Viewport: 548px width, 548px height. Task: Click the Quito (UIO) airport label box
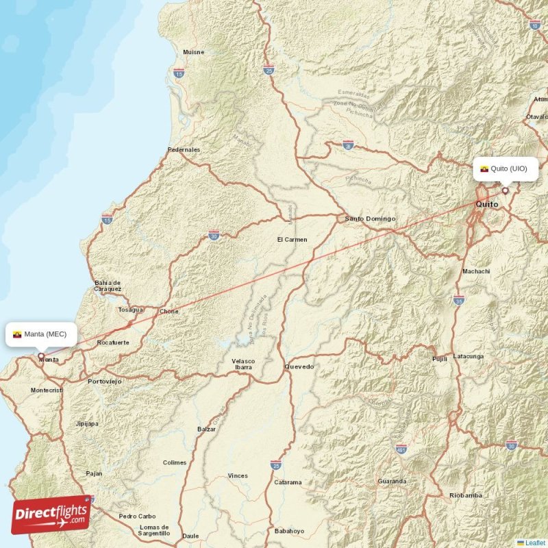tap(505, 169)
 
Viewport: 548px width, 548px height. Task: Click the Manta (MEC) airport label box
tap(40, 334)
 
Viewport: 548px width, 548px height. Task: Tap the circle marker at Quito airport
tap(506, 190)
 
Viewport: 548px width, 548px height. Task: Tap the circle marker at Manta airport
tap(41, 356)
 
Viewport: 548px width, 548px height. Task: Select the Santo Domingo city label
tap(370, 219)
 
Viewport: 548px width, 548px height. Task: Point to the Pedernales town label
tap(184, 149)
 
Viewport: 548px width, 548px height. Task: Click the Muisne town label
tap(192, 53)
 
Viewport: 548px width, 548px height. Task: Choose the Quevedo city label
tap(299, 366)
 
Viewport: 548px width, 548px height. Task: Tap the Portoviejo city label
tap(105, 381)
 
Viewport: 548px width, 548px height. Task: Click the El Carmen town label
tap(292, 240)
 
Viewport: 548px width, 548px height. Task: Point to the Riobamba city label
tap(466, 495)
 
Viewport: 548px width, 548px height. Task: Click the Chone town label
tap(169, 312)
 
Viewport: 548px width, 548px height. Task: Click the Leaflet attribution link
tap(535, 543)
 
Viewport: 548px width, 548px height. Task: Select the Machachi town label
tap(476, 271)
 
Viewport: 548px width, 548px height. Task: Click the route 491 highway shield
tap(401, 449)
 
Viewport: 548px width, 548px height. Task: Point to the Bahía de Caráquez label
tap(108, 286)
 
